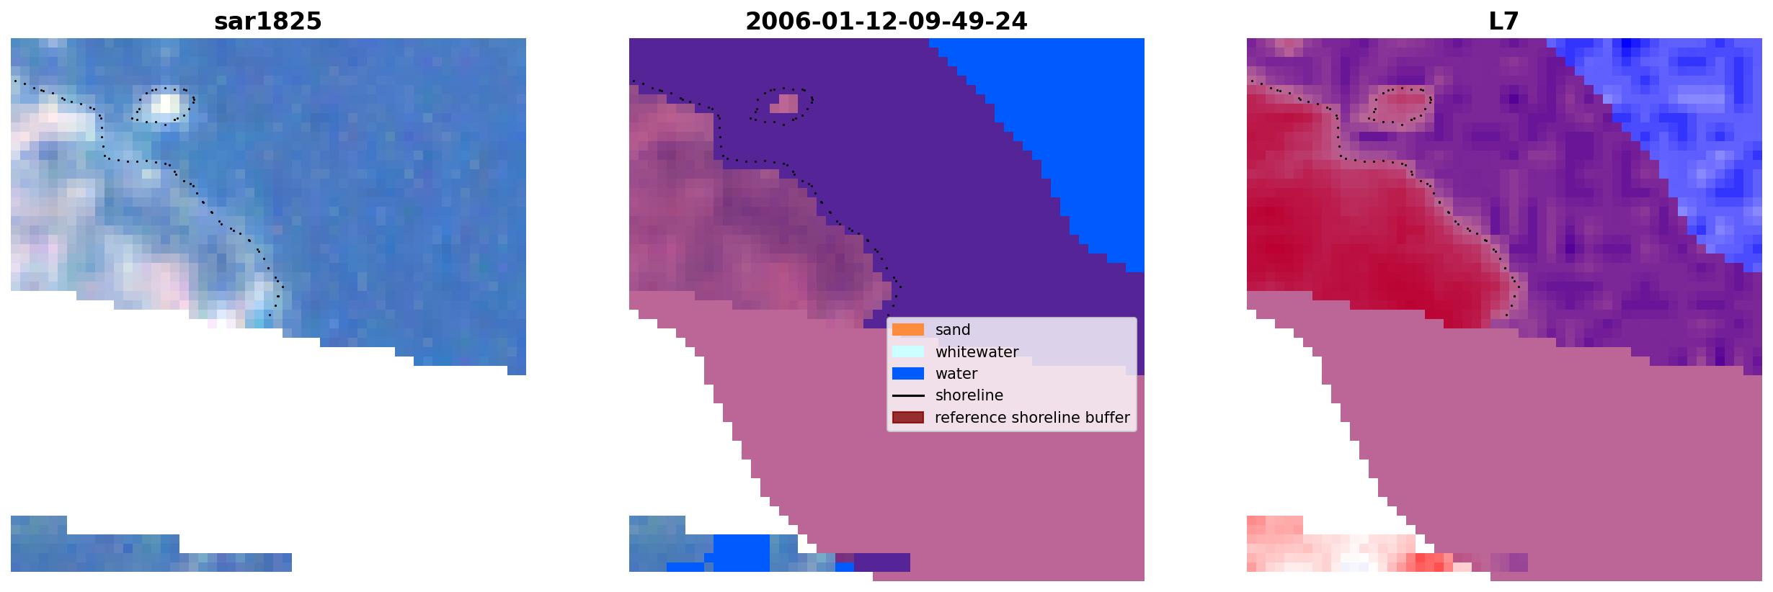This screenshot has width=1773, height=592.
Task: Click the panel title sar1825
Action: (268, 22)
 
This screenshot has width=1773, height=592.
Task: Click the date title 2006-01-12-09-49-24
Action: (886, 22)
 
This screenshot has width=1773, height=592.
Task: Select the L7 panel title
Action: (1504, 22)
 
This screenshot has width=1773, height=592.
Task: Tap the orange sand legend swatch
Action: (908, 330)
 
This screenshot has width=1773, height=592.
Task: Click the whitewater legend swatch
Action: (908, 351)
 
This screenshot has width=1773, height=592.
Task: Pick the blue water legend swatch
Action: (908, 374)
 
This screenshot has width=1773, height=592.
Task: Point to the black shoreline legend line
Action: (908, 395)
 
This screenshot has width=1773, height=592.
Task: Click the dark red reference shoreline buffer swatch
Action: (908, 418)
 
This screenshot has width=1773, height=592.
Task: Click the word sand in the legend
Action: (953, 330)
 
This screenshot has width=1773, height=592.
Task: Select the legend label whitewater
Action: (977, 352)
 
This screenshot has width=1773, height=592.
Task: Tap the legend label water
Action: (956, 374)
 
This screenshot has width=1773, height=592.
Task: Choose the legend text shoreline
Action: (969, 395)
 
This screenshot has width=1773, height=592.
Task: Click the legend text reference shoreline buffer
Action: (1032, 418)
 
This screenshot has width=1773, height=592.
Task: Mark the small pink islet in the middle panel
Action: (784, 104)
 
